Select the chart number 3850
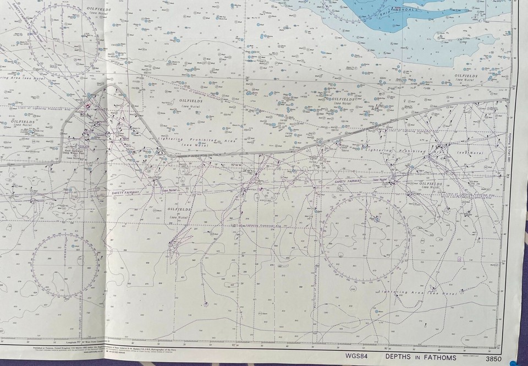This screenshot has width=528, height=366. (497, 356)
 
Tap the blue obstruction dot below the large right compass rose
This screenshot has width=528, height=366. (376, 312)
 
